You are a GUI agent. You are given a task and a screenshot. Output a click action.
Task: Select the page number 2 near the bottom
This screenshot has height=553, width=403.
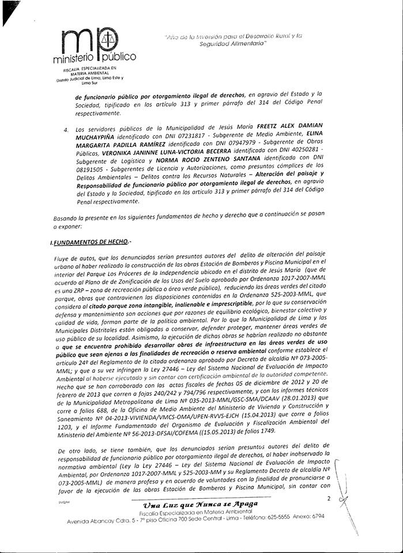329,498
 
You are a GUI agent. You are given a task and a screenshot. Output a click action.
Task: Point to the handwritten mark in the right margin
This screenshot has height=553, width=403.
345,495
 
